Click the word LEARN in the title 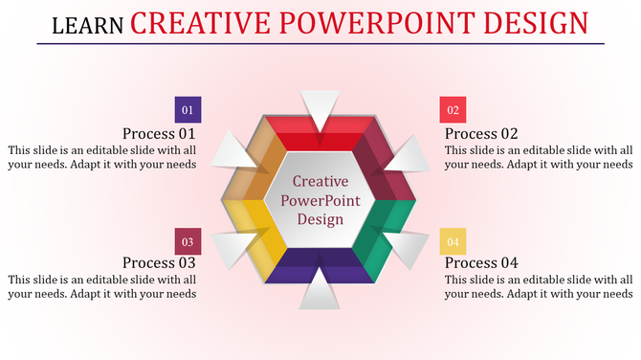point(87,25)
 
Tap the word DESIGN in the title point(530,21)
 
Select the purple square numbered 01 point(188,110)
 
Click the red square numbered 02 point(453,110)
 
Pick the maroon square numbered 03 point(188,241)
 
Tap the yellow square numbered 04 point(453,241)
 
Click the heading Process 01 point(159,134)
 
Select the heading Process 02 point(482,134)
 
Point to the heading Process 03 point(159,262)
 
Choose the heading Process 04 point(482,262)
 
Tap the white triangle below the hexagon point(320,292)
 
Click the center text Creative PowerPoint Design point(320,199)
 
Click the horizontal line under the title point(320,44)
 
